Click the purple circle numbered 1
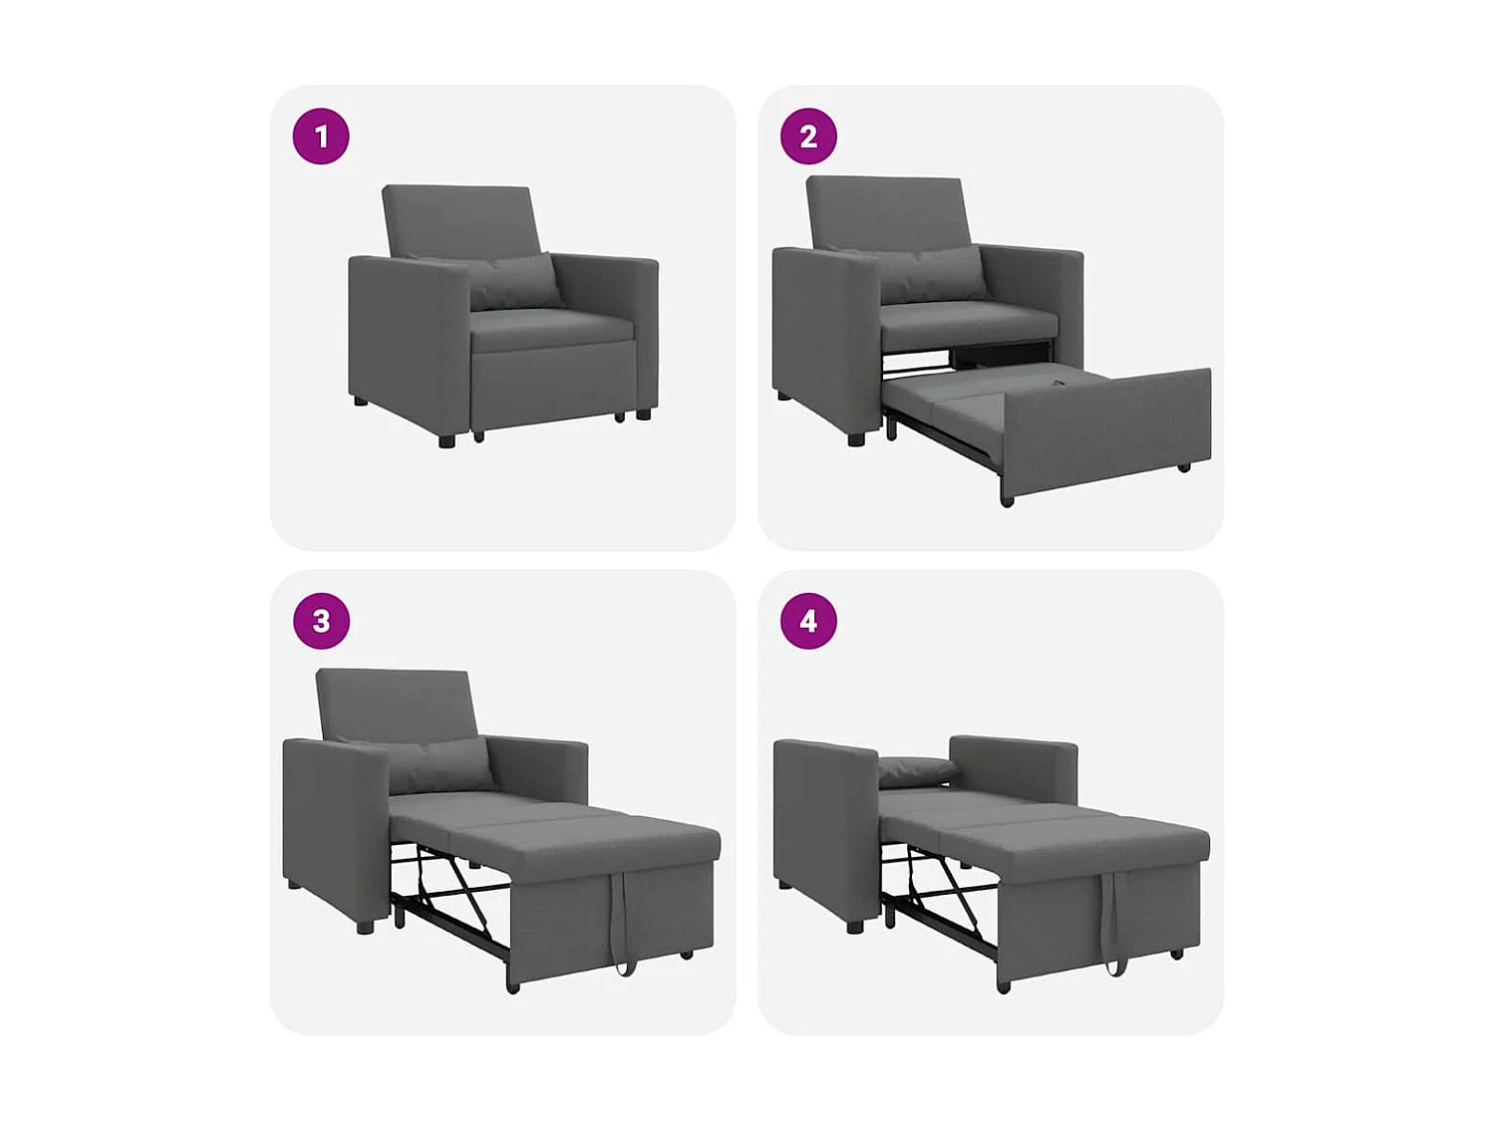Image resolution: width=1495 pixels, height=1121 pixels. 321,137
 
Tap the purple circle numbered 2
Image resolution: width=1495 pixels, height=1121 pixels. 808,137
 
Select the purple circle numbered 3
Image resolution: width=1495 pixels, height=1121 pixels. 321,621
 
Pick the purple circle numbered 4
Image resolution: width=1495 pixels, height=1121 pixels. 808,621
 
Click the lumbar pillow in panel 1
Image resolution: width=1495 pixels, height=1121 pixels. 513,281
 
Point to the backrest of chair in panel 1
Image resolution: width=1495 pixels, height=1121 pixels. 460,219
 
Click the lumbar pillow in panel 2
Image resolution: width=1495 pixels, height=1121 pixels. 932,274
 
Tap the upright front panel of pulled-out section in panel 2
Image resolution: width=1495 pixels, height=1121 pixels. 1106,433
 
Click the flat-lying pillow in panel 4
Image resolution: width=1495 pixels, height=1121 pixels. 917,768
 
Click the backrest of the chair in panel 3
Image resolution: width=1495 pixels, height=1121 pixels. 395,702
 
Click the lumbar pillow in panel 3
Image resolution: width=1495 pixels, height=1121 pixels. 439,765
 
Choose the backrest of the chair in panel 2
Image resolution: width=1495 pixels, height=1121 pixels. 885,211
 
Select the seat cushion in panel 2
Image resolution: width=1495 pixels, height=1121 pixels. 967,321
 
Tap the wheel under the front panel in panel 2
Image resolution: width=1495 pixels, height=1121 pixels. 1007,500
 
